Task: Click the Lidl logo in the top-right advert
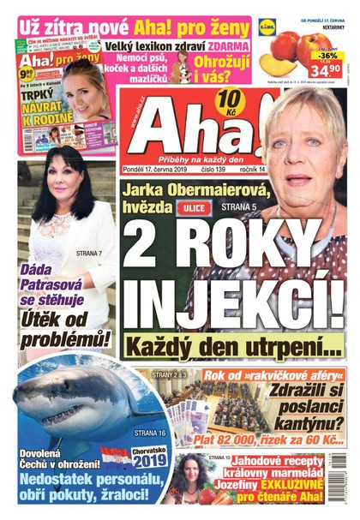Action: click(267, 27)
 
